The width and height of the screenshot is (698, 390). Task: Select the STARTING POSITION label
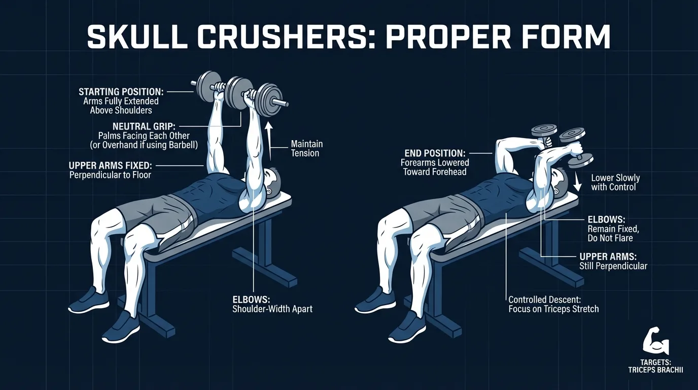[x=121, y=92]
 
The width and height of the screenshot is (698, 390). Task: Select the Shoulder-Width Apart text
[x=272, y=308]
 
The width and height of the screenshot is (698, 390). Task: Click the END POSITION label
[x=435, y=153]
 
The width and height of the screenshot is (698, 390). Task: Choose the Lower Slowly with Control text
[x=615, y=182]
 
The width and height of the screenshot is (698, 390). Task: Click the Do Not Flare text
[x=607, y=238]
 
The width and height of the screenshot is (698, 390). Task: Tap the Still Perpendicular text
[x=613, y=266]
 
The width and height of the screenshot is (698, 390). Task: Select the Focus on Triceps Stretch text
[x=553, y=308]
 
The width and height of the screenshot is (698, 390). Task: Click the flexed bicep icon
[x=656, y=340]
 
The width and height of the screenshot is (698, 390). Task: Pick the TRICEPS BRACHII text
[x=655, y=370]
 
